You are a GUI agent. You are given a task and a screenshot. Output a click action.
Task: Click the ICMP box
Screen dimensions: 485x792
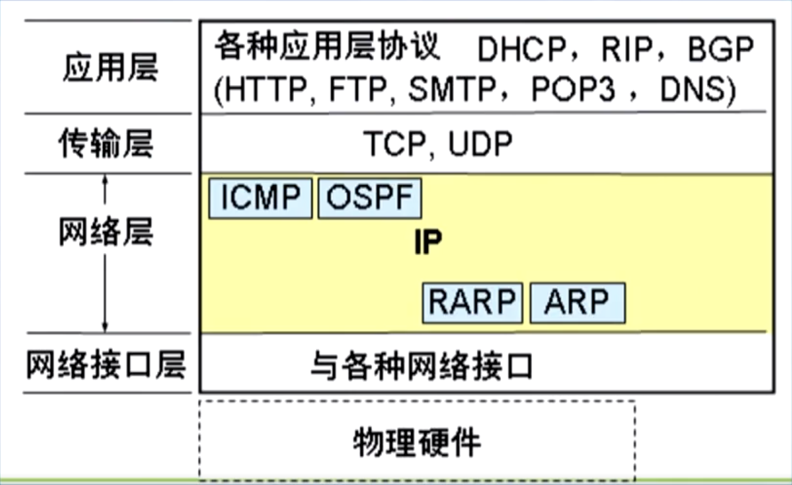tap(260, 198)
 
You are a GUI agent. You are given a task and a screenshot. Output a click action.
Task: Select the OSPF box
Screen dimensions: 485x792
tap(370, 198)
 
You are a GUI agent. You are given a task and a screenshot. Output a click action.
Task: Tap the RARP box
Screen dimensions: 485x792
tap(472, 302)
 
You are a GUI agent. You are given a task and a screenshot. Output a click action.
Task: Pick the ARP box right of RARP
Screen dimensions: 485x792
tap(577, 302)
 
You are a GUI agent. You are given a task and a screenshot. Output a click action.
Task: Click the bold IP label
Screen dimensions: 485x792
tap(428, 242)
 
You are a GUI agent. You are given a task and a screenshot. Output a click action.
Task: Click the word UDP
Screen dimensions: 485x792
tap(480, 144)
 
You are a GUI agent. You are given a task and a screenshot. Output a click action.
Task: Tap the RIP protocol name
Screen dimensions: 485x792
tap(627, 49)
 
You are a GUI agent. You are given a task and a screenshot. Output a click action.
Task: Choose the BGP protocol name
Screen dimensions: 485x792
tap(720, 49)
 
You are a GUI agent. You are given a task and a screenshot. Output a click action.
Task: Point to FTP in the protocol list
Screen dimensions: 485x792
tap(358, 89)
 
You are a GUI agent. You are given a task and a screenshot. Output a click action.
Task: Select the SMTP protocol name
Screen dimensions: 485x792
tap(452, 89)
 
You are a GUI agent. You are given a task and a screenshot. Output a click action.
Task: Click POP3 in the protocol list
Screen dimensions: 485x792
tap(573, 89)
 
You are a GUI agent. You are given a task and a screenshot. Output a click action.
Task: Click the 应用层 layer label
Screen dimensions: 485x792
tap(110, 67)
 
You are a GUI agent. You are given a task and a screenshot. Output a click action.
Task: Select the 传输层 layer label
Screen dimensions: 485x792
tap(106, 143)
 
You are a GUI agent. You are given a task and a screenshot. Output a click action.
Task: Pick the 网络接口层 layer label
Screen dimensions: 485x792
tap(106, 364)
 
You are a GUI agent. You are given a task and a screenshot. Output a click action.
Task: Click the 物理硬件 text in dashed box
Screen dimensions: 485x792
tap(417, 442)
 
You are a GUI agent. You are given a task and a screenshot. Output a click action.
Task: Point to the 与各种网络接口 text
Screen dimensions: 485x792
tap(422, 366)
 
